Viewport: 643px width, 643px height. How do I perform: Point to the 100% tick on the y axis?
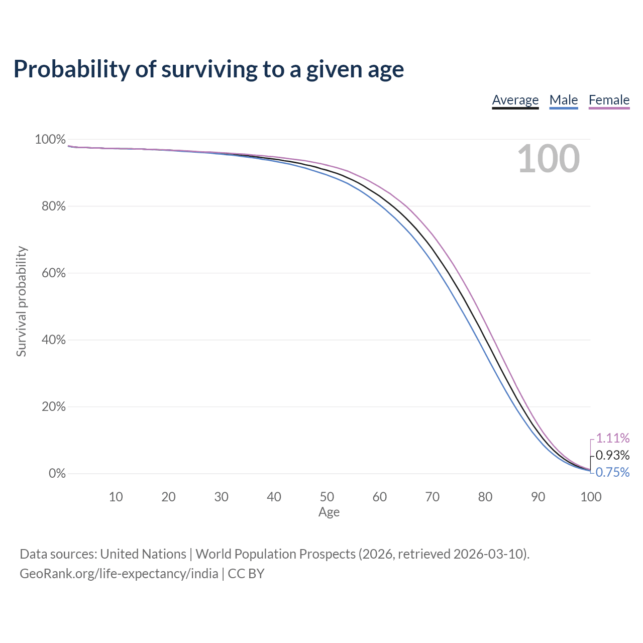click(50, 140)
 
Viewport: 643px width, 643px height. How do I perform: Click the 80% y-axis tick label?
click(53, 206)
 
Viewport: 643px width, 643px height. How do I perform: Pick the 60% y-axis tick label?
click(53, 273)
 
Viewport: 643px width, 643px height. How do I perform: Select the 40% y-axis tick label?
click(53, 340)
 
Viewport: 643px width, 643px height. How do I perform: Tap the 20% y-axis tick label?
click(53, 406)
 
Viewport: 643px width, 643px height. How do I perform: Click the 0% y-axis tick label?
click(57, 473)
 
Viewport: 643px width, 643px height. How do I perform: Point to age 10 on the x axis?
click(116, 497)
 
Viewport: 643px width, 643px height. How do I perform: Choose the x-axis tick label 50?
click(327, 497)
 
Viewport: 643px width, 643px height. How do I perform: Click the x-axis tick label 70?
click(432, 497)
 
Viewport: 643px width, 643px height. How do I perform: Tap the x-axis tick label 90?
click(538, 497)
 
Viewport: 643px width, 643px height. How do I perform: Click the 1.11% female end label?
click(613, 438)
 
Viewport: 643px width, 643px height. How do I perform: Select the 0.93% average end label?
click(613, 455)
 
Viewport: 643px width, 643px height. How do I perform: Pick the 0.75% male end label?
click(613, 472)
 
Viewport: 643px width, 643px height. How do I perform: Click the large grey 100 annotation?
click(548, 159)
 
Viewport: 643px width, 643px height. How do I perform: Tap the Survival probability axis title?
click(22, 301)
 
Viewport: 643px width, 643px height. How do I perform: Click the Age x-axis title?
click(329, 512)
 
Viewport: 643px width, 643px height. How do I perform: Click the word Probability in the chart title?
click(72, 69)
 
